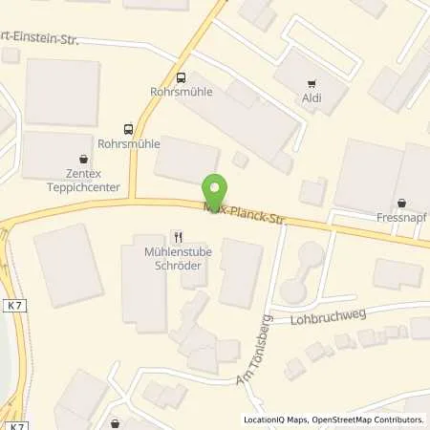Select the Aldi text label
click(x=312, y=98)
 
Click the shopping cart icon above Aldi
click(x=312, y=84)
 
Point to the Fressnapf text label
click(x=400, y=217)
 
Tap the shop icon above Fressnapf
click(x=401, y=203)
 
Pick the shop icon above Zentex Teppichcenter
click(x=83, y=160)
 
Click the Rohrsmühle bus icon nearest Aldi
click(x=182, y=77)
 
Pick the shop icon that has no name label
click(x=116, y=422)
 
